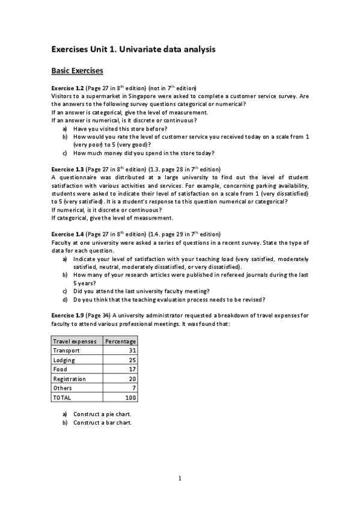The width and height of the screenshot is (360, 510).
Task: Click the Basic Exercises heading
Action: pos(78,71)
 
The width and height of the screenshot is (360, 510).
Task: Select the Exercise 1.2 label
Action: pos(68,88)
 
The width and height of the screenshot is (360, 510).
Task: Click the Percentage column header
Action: pos(121,341)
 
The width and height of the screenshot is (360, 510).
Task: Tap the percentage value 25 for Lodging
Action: pos(132,360)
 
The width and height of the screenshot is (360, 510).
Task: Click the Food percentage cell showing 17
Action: pos(132,369)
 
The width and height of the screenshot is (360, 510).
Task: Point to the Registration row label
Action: pos(69,379)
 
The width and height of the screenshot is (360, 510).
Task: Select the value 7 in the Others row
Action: pos(134,388)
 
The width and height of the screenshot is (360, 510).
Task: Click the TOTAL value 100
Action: pos(130,398)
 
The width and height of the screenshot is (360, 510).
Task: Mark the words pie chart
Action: pos(118,414)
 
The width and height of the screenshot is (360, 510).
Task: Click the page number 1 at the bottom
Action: pos(180,479)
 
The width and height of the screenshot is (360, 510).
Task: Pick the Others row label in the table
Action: pos(63,388)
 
